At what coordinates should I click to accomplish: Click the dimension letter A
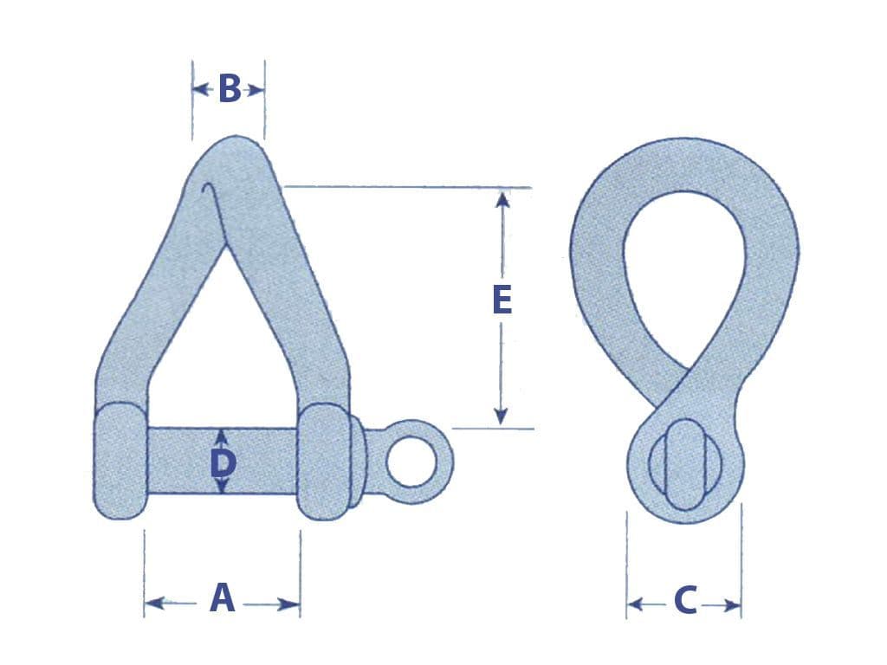click(223, 599)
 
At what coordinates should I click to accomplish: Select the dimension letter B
click(230, 89)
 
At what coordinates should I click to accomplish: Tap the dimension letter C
click(684, 600)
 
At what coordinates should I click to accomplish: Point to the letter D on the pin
click(223, 464)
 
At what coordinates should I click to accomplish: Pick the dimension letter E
click(502, 300)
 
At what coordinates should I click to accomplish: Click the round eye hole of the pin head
click(409, 462)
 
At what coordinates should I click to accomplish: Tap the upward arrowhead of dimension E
click(502, 199)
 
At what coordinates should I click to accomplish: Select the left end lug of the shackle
click(119, 462)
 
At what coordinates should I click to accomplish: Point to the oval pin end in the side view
click(684, 464)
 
